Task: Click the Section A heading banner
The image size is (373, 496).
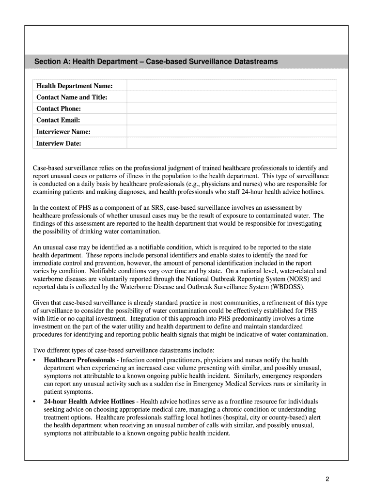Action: pyautogui.click(x=186, y=62)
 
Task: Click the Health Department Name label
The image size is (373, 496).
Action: pyautogui.click(x=74, y=86)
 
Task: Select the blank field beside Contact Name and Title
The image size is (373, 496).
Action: pyautogui.click(x=232, y=97)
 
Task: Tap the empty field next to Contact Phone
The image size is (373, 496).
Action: pyautogui.click(x=232, y=108)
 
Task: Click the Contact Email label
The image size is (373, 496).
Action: pyautogui.click(x=58, y=120)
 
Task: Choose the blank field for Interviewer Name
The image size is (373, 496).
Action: pyautogui.click(x=232, y=131)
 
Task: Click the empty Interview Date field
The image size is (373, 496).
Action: pyautogui.click(x=232, y=143)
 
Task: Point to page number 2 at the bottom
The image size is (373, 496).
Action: pyautogui.click(x=327, y=479)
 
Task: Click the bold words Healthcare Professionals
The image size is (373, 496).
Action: pyautogui.click(x=79, y=360)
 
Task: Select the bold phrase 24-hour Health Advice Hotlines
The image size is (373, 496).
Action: pyautogui.click(x=89, y=402)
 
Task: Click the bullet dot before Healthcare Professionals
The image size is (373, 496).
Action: pyautogui.click(x=34, y=360)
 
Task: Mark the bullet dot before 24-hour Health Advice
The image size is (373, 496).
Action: pyautogui.click(x=34, y=402)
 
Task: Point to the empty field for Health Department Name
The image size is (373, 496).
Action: pyautogui.click(x=232, y=86)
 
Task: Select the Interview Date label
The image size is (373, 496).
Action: pyautogui.click(x=59, y=143)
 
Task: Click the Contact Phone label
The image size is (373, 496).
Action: pyautogui.click(x=59, y=108)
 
